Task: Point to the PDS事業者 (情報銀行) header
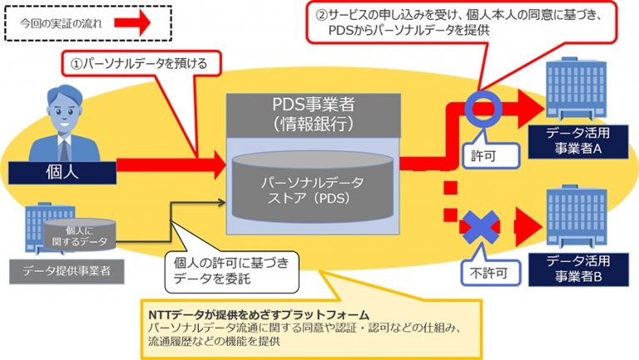313,115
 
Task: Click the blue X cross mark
482,226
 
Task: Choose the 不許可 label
487,271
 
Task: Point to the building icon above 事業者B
575,218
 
